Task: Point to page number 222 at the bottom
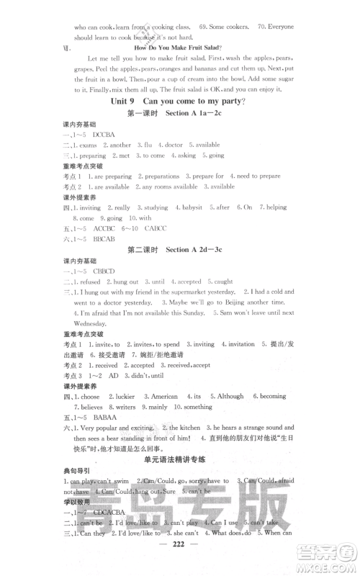coord(180,567)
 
